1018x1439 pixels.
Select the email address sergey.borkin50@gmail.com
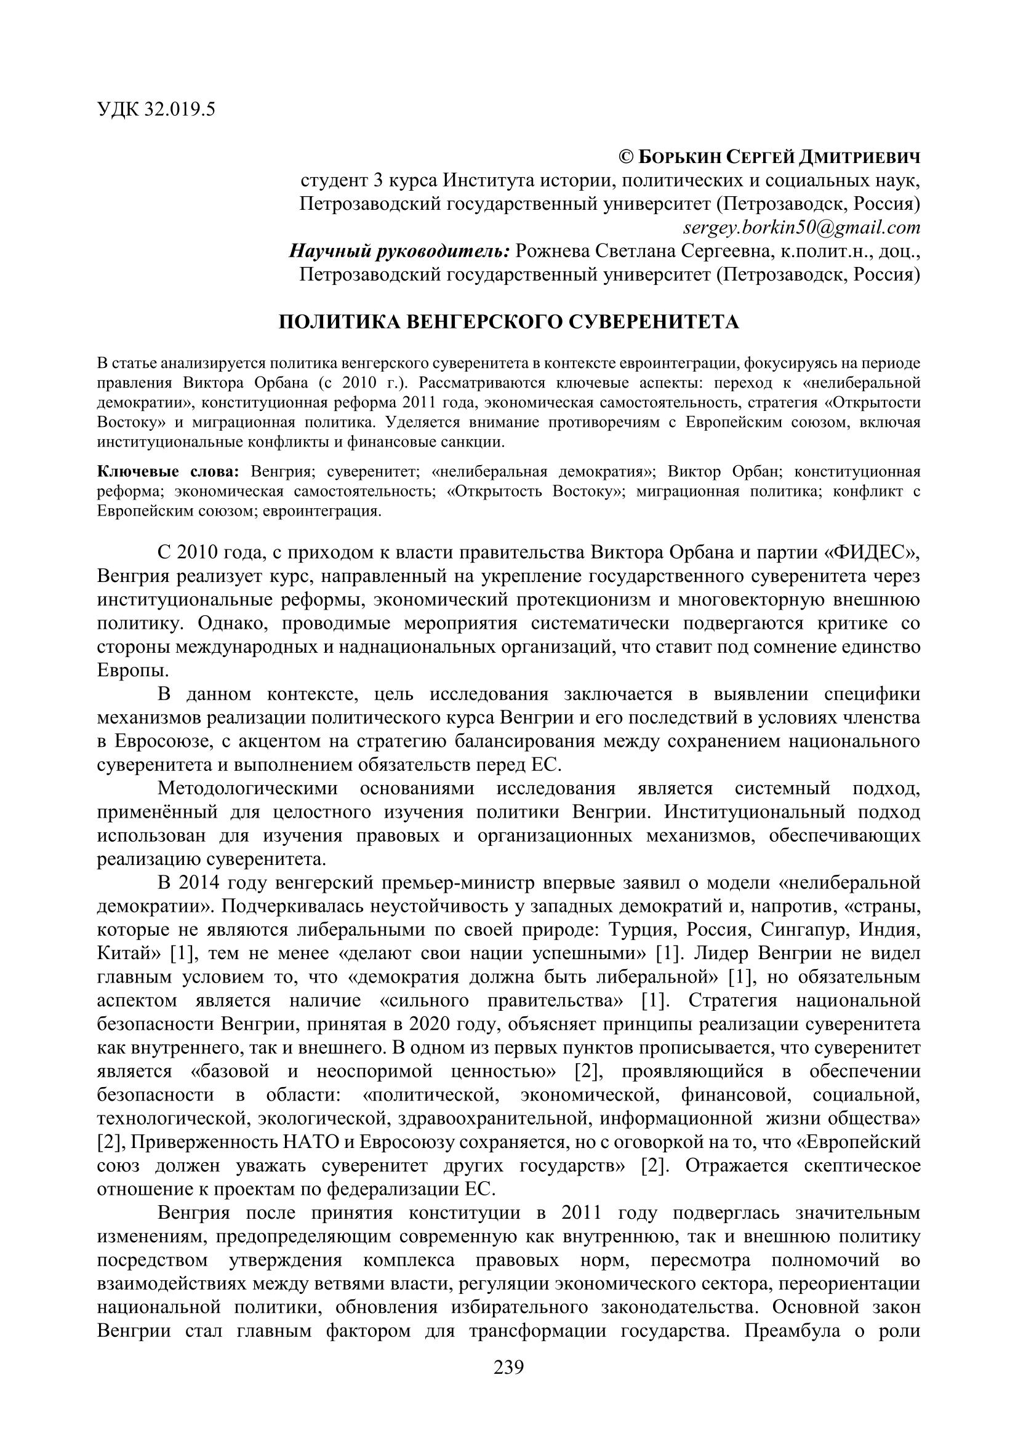click(802, 227)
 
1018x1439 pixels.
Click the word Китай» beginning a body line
click(129, 952)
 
